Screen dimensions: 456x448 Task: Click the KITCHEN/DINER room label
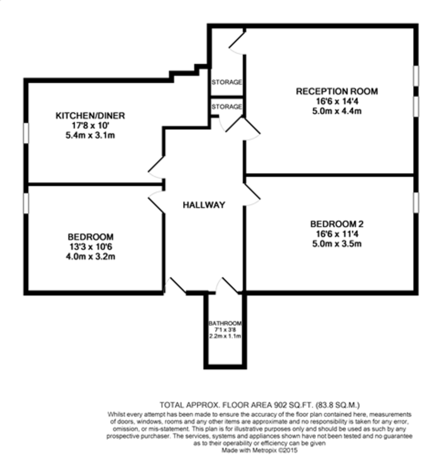tap(90, 116)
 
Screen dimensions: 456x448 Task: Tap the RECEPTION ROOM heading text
tap(337, 91)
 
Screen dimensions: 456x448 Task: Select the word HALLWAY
tap(204, 205)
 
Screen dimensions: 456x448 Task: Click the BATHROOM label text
tap(225, 323)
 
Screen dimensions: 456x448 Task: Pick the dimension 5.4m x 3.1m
tap(90, 135)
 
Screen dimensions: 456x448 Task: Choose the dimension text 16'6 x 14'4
tap(337, 101)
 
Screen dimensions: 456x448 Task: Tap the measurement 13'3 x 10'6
tap(90, 246)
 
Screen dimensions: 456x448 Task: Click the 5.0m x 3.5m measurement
tap(337, 244)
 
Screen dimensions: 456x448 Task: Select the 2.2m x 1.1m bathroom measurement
tap(225, 336)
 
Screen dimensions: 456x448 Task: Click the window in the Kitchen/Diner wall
tap(26, 133)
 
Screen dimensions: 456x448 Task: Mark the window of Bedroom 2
tap(416, 202)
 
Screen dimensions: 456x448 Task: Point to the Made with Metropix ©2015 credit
tap(260, 450)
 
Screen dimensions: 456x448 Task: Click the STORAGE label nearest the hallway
tap(227, 107)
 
